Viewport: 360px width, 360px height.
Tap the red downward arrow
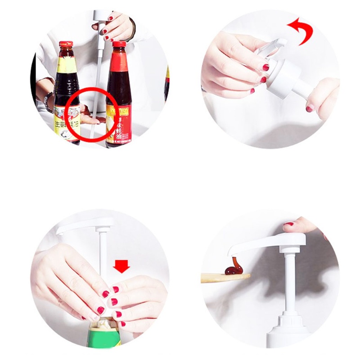point(121,266)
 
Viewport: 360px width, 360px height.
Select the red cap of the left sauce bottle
point(66,44)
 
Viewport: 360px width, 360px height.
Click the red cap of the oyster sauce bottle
point(119,45)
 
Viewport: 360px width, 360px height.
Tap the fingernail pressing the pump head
point(288,224)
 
